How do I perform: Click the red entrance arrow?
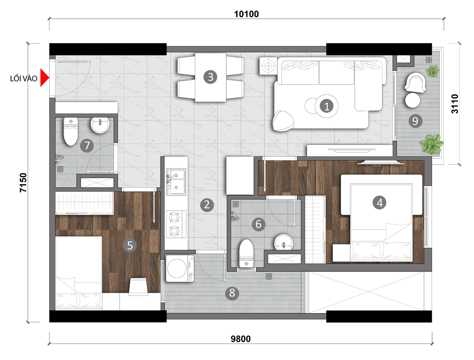[x=44, y=78]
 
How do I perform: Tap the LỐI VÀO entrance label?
[x=24, y=79]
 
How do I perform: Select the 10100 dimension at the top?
[x=246, y=14]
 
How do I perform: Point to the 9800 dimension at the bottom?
[x=241, y=339]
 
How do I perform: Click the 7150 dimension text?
[x=23, y=182]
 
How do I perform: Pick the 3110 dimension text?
[x=455, y=104]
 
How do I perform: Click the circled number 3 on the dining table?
[x=210, y=77]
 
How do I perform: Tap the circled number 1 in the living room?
[x=327, y=106]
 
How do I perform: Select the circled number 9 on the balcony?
[x=415, y=121]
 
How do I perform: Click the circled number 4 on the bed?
[x=380, y=202]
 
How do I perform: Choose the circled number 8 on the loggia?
[x=232, y=293]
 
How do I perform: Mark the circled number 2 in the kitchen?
[x=207, y=205]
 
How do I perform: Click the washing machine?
[x=180, y=269]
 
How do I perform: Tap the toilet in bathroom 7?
[x=71, y=131]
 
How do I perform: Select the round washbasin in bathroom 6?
[x=283, y=242]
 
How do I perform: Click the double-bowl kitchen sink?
[x=176, y=181]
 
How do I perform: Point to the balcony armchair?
[x=415, y=83]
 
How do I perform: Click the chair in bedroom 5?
[x=138, y=286]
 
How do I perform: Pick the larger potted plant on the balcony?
[x=431, y=144]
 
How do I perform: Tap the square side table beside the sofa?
[x=268, y=65]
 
